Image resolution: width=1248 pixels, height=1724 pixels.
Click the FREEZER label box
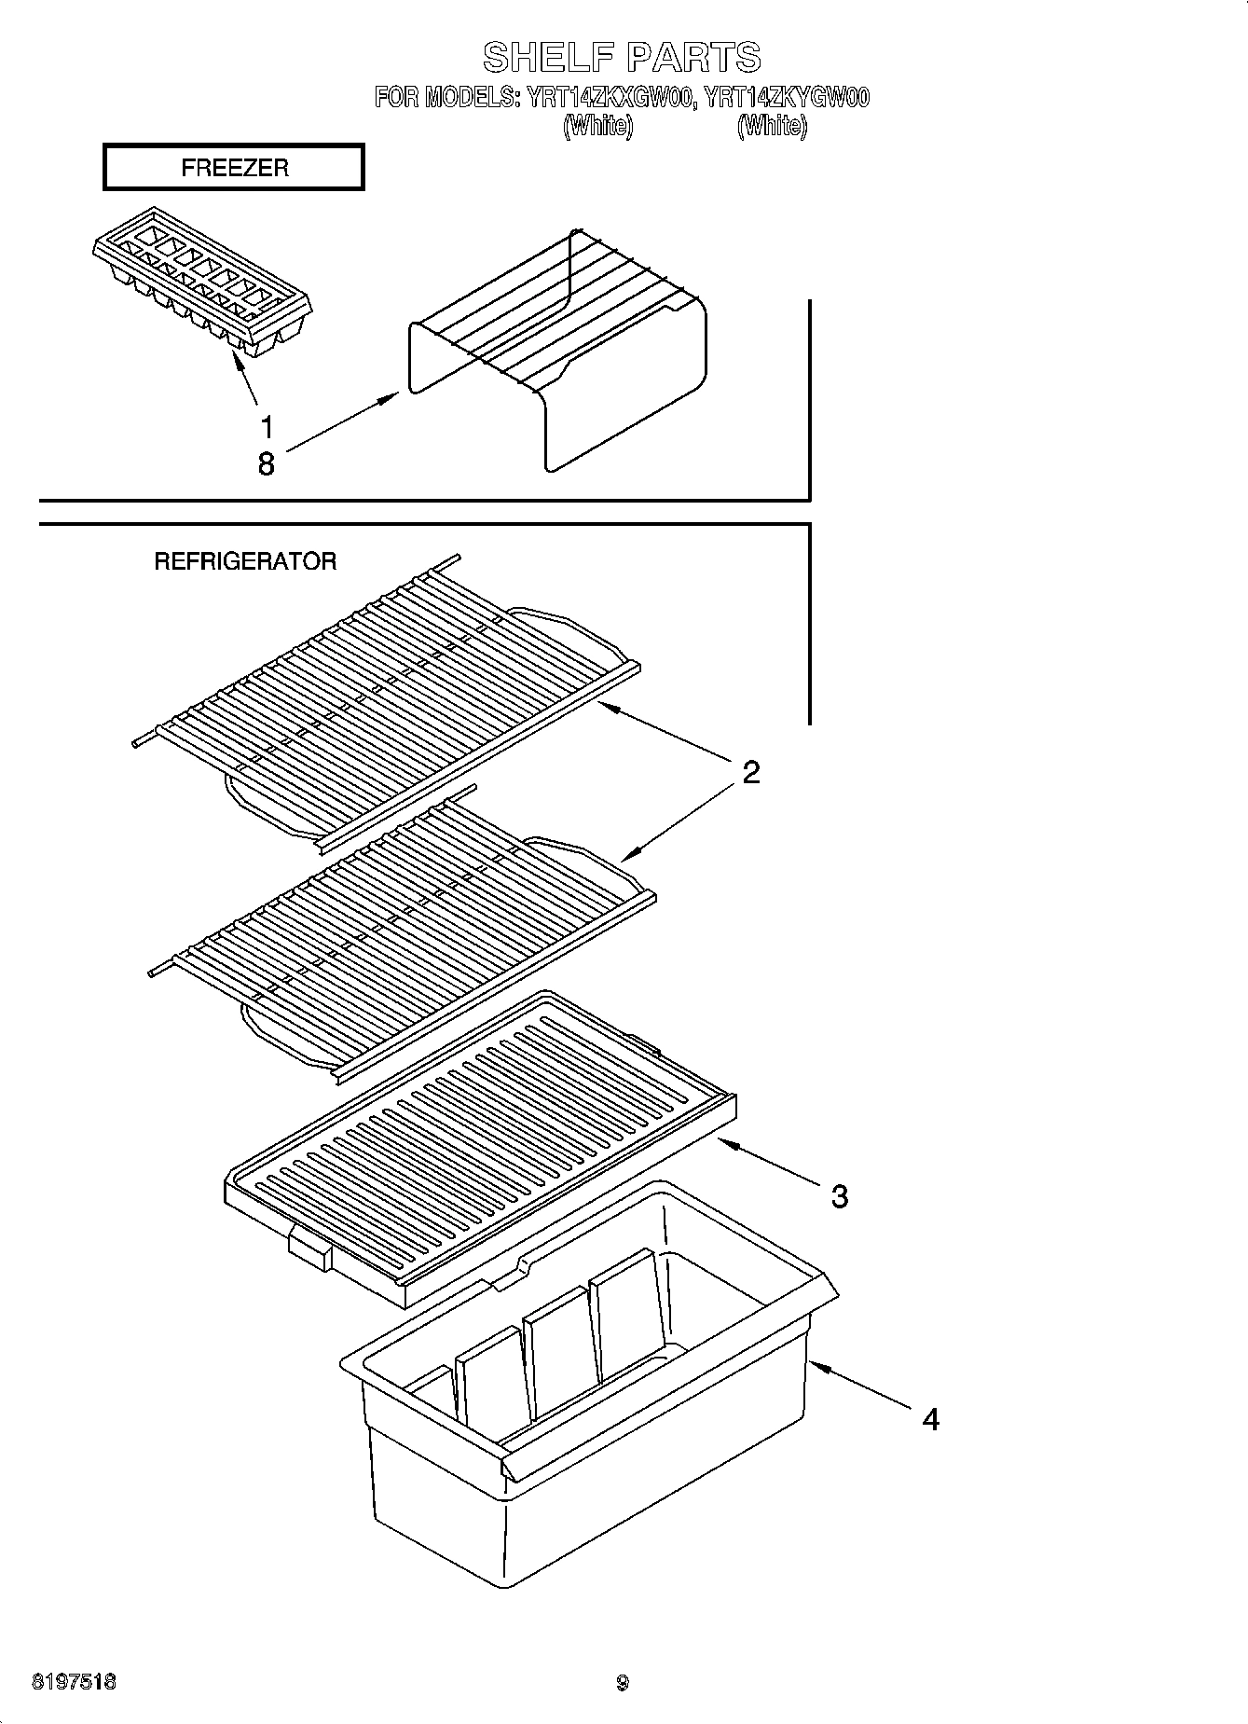[x=233, y=168]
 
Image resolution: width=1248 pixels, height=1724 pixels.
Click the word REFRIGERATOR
[x=244, y=561]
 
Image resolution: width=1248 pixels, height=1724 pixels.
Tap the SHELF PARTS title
[x=622, y=57]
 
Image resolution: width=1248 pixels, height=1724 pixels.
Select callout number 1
[x=267, y=428]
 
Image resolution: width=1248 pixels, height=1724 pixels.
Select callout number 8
[x=267, y=463]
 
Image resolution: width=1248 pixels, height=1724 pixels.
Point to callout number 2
[x=750, y=772]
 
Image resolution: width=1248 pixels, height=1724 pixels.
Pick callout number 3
[x=839, y=1196]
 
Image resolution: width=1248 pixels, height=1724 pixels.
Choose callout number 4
[x=929, y=1419]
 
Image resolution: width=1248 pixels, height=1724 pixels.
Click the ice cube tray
[x=202, y=281]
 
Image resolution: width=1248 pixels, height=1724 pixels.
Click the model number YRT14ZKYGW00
[x=787, y=98]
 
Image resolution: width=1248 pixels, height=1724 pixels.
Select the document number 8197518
[x=75, y=1683]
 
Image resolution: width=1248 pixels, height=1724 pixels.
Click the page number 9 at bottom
[x=623, y=1684]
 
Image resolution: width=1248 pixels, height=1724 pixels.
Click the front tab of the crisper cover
[x=309, y=1249]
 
